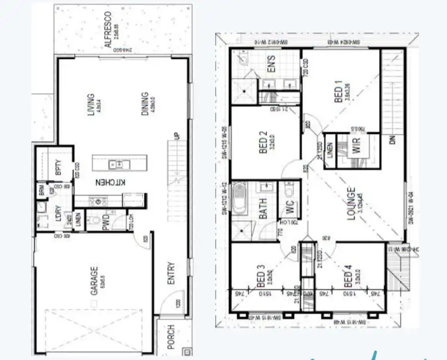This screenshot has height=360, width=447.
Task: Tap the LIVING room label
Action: tap(91, 105)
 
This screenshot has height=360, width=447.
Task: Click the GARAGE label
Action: tap(94, 282)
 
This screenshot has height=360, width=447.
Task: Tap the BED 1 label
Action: tap(339, 93)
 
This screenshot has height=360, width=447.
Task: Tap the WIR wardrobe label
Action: tap(356, 149)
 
